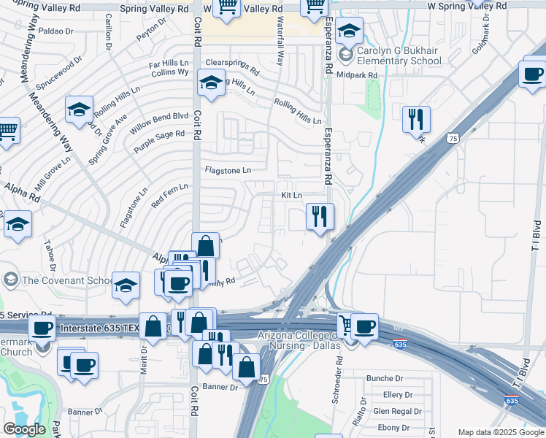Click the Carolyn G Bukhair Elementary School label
(399, 57)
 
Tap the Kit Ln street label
(291, 196)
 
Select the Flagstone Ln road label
(228, 170)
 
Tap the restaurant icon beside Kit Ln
(320, 217)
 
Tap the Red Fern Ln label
(169, 194)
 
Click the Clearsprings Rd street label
(232, 67)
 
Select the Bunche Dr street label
(385, 378)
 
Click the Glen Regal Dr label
(396, 412)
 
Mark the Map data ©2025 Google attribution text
(500, 432)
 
